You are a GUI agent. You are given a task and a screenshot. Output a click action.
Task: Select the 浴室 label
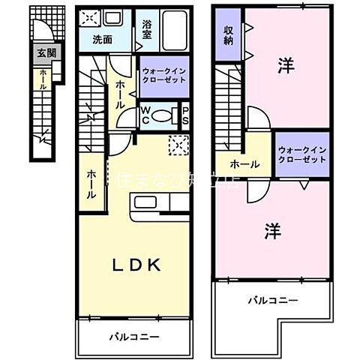[147, 28]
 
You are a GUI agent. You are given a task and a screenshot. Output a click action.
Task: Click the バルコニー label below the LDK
[133, 337]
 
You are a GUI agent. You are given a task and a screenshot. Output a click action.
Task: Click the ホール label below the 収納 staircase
[244, 164]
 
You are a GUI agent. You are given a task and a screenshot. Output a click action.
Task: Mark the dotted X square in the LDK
[178, 145]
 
